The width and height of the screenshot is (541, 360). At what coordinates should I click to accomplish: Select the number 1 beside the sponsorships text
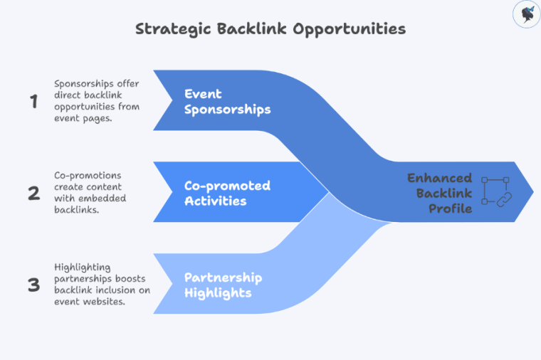coord(33,102)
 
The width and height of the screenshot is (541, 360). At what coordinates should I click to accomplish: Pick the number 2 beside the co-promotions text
coord(33,193)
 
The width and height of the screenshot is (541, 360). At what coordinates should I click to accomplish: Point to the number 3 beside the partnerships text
coord(33,285)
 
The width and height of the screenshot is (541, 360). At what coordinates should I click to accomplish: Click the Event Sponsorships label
coord(227,102)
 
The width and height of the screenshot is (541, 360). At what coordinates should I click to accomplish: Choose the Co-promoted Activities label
coord(227,193)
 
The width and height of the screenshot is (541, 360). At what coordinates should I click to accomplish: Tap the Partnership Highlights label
coord(223,285)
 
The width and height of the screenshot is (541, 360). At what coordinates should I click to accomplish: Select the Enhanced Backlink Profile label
coord(439,192)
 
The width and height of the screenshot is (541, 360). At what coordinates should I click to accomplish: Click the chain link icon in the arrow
coord(497,192)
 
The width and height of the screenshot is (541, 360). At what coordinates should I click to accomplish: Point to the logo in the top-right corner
coord(525,14)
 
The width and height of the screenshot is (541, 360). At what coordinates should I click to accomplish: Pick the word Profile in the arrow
coord(450,208)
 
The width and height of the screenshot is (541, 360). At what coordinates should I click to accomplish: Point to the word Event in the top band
coord(203,94)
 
